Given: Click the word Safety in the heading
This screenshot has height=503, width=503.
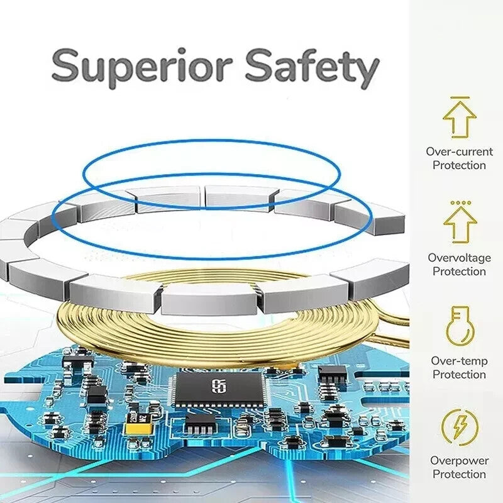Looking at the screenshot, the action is pyautogui.click(x=312, y=67).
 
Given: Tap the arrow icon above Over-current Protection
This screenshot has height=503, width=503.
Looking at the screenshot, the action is pyautogui.click(x=460, y=118).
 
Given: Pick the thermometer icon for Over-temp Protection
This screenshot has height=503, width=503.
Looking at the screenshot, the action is pyautogui.click(x=460, y=326).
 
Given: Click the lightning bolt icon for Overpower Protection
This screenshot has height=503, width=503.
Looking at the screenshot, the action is pyautogui.click(x=460, y=428).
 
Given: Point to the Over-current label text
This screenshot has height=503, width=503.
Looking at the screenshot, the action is pyautogui.click(x=460, y=152).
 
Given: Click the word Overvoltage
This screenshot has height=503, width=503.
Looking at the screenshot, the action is pyautogui.click(x=460, y=258).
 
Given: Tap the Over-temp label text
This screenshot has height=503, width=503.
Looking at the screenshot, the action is pyautogui.click(x=460, y=361).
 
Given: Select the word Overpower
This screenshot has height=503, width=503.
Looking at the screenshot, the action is pyautogui.click(x=460, y=461).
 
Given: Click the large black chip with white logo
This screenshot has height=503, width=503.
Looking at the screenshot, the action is pyautogui.click(x=219, y=388).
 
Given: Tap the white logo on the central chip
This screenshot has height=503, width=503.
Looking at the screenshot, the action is pyautogui.click(x=219, y=386).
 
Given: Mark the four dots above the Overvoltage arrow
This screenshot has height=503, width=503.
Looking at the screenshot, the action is pyautogui.click(x=461, y=202).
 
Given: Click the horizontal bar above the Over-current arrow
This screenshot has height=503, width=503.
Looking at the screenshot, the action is pyautogui.click(x=460, y=97).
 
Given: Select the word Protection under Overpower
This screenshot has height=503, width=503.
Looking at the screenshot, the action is pyautogui.click(x=460, y=474).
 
